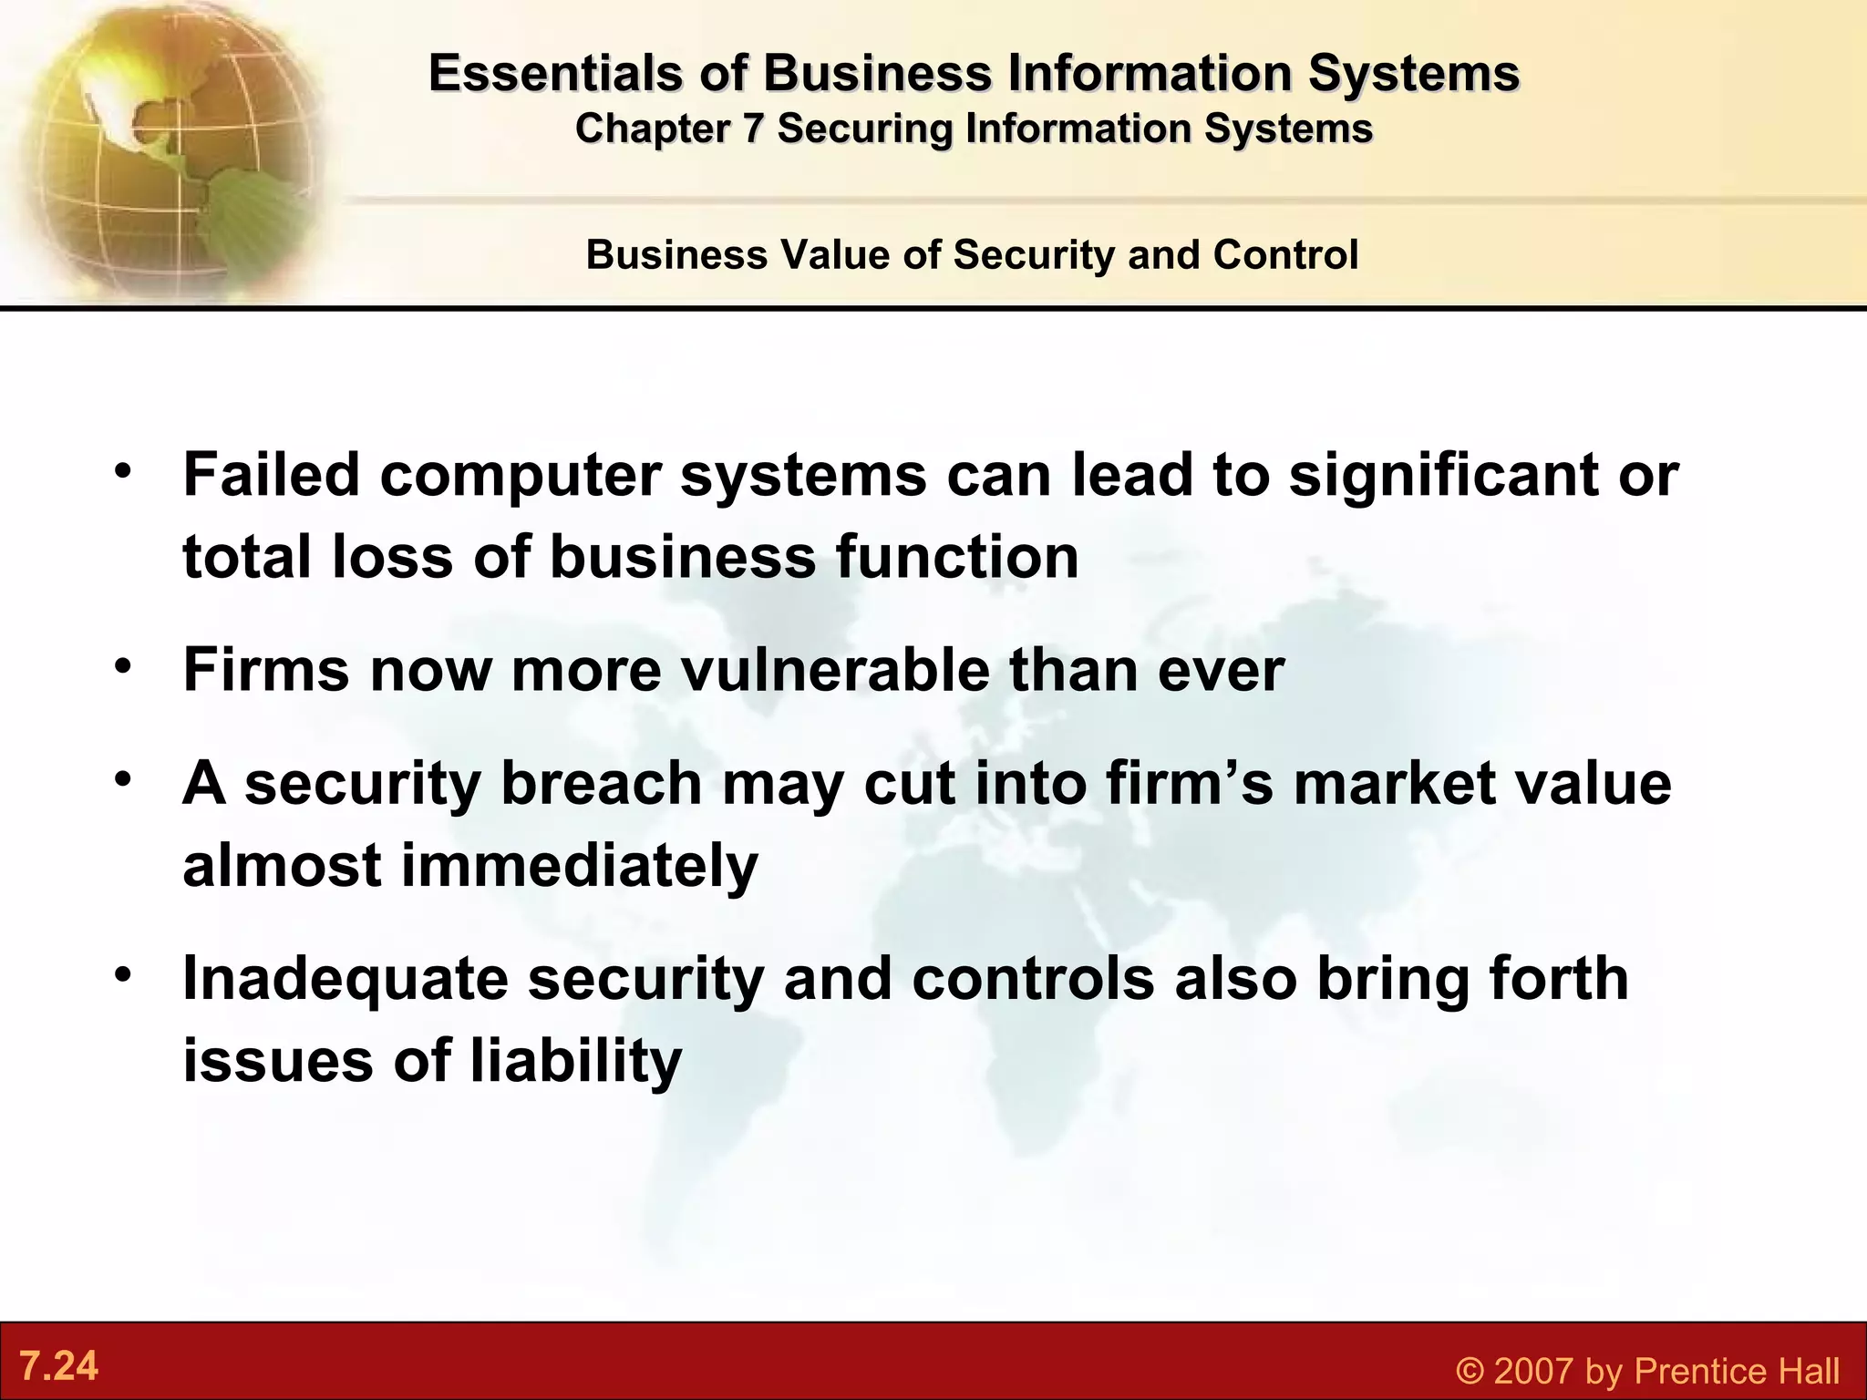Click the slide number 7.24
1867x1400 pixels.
(59, 1366)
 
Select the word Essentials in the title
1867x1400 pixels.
(554, 73)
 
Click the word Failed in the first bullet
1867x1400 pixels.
(272, 475)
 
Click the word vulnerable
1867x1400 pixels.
(835, 670)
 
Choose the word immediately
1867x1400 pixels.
(579, 865)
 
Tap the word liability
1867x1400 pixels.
(575, 1061)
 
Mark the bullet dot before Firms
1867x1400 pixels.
(123, 666)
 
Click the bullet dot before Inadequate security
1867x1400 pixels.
(123, 974)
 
